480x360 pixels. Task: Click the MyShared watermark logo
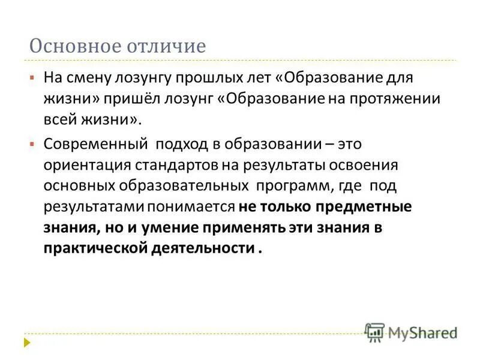pos(411,332)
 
